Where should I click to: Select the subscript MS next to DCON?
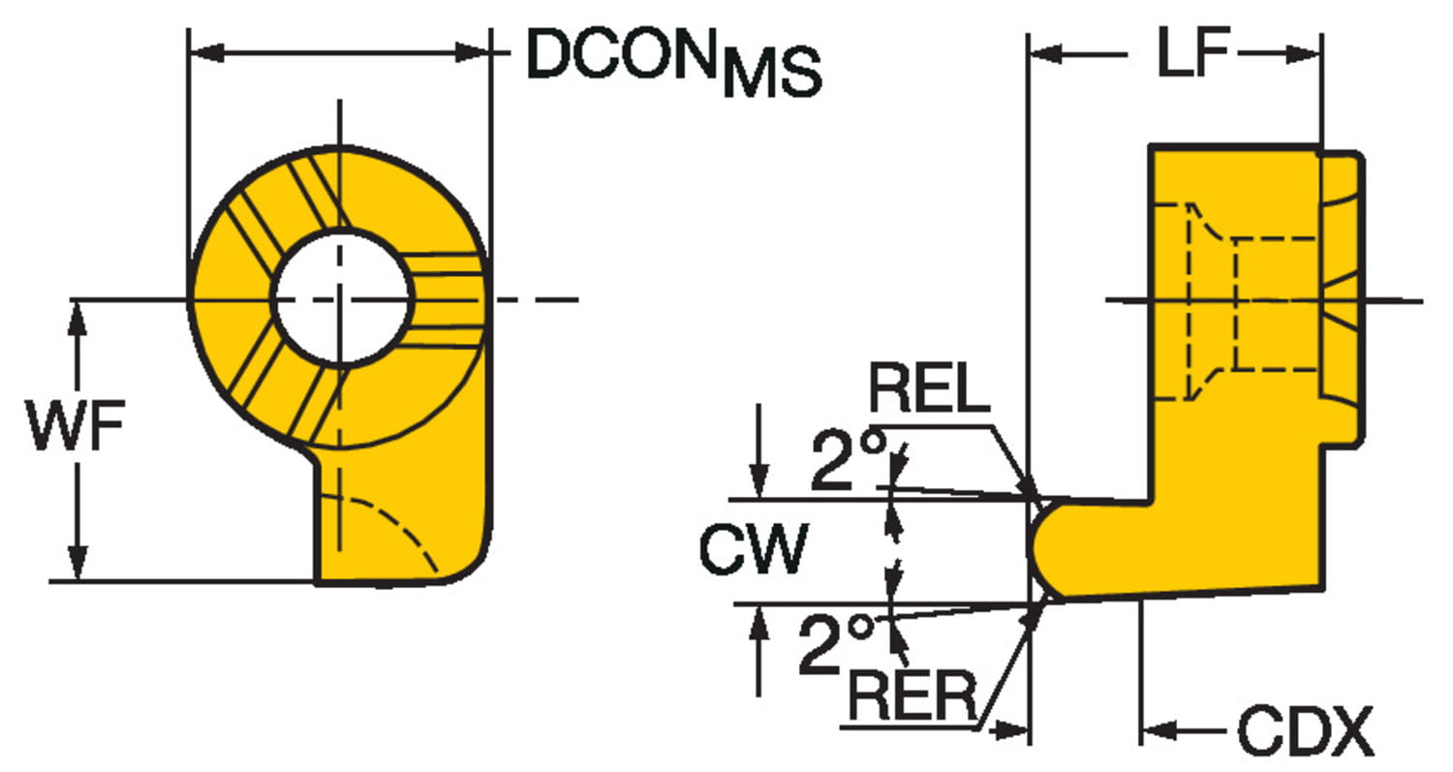(x=773, y=75)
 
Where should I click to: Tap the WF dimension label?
(x=76, y=429)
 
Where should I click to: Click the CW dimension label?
(x=754, y=550)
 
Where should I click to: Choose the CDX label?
(x=1305, y=732)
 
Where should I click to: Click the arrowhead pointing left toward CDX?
(x=1159, y=728)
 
